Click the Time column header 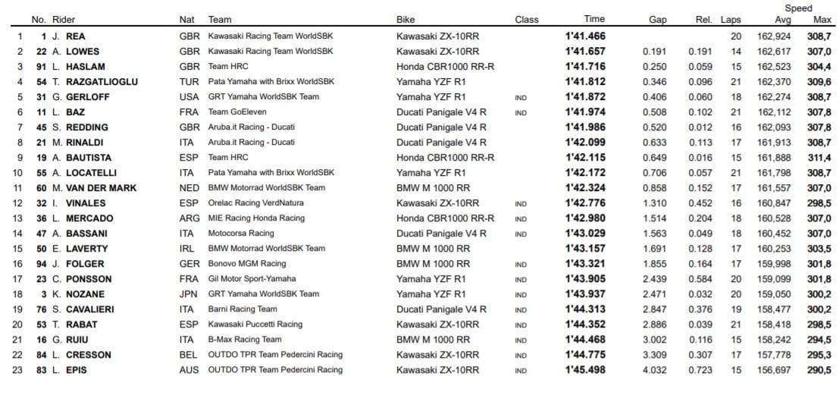click(594, 20)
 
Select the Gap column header click(657, 20)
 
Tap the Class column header click(526, 20)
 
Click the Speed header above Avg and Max click(798, 8)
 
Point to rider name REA click(76, 36)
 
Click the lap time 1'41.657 click(585, 52)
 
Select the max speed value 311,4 click(819, 158)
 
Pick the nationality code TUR click(189, 82)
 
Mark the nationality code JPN click(189, 294)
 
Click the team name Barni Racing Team click(243, 309)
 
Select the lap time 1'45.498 click(585, 370)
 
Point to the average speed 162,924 click(774, 36)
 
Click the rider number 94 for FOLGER click(42, 264)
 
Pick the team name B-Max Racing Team click(245, 340)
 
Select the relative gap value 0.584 click(700, 279)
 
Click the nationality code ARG click(189, 218)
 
